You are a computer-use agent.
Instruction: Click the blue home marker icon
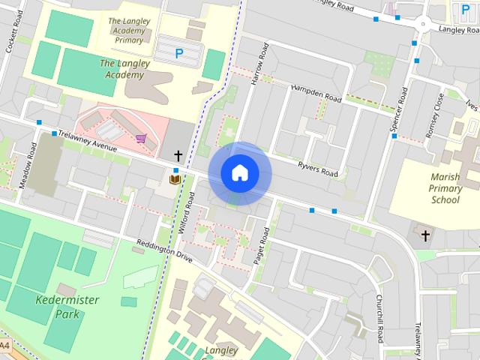[x=239, y=173]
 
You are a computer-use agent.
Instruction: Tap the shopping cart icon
[x=141, y=138]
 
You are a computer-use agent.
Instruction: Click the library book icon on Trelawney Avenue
[x=175, y=179]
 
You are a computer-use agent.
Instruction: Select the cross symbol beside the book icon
[x=178, y=156]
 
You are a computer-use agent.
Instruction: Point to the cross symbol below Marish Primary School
[x=425, y=236]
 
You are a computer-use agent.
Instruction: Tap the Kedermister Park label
[x=57, y=306]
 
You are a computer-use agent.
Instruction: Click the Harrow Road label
[x=260, y=63]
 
